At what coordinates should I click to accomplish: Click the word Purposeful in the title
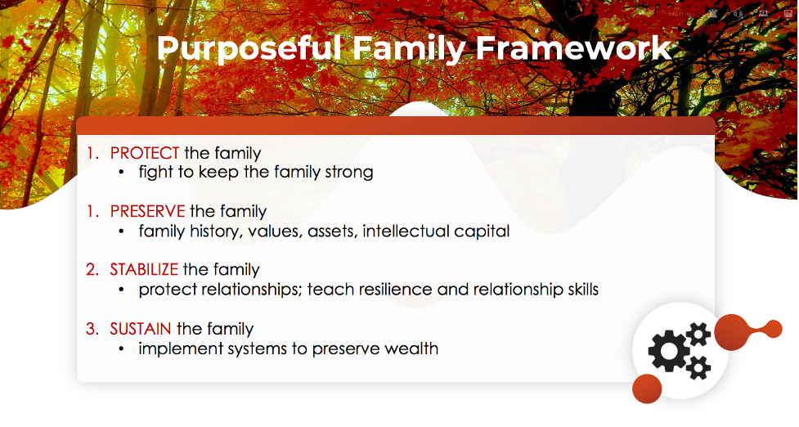point(249,49)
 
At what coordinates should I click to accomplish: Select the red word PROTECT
point(145,153)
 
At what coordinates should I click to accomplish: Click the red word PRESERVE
point(148,211)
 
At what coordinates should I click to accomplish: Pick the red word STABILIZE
point(144,269)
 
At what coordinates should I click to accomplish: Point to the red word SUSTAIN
point(141,329)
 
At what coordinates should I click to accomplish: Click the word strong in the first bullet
point(349,173)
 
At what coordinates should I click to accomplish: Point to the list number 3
point(92,329)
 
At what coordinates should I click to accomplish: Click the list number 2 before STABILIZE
point(92,269)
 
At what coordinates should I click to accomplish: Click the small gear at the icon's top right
point(698,335)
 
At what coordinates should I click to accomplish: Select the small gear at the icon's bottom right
point(698,367)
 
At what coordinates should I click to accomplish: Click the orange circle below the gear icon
point(647,389)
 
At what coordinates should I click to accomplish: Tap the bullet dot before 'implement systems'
point(121,349)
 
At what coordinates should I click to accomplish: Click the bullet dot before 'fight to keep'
point(121,173)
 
